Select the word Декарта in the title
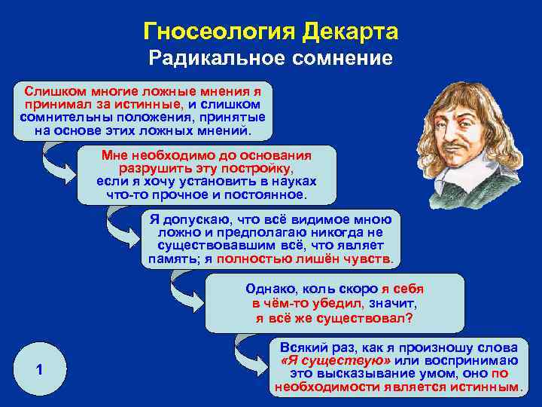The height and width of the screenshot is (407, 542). pyautogui.click(x=348, y=32)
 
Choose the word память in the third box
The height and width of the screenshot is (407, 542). pyautogui.click(x=172, y=259)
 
